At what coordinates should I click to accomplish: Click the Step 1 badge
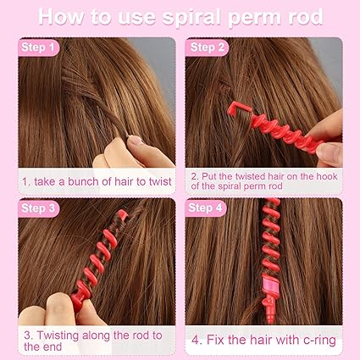38,47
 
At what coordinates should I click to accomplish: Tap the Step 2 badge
207,47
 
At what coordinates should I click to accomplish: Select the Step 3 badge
38,208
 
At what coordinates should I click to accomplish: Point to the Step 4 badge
206,208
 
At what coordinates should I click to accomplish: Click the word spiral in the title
193,17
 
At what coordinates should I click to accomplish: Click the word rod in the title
306,16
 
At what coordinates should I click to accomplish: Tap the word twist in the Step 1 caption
160,181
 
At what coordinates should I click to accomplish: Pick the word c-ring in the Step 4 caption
319,341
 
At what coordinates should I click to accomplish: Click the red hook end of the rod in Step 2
239,109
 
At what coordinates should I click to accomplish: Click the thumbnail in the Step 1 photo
136,140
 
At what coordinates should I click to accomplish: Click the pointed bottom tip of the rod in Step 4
270,321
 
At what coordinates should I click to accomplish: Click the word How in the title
60,17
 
